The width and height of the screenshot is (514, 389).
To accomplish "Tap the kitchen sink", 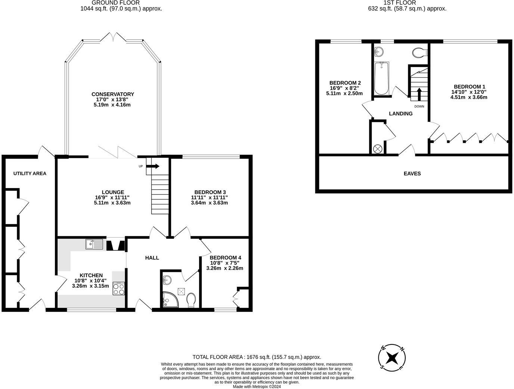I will [x=94, y=244].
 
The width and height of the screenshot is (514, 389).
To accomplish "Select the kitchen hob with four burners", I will [x=119, y=288].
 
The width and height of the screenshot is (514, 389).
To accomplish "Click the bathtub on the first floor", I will [x=381, y=79].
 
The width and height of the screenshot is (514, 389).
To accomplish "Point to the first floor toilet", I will [x=420, y=52].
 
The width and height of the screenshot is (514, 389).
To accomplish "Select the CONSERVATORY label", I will [x=112, y=94].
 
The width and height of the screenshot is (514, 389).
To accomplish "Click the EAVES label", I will [x=412, y=174].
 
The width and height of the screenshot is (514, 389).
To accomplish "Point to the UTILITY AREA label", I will [x=30, y=174].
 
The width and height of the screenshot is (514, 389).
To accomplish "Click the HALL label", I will [x=152, y=258].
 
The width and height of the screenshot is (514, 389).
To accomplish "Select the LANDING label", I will [x=400, y=114].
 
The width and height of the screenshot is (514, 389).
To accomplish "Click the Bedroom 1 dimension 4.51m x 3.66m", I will [x=468, y=97].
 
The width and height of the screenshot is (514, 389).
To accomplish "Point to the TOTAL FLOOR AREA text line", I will [x=257, y=357].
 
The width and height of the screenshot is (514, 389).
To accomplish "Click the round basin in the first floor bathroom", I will [x=379, y=51].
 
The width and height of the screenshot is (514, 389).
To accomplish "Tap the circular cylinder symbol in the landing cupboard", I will [x=378, y=148].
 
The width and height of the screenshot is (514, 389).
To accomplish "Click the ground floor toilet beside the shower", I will [x=191, y=300].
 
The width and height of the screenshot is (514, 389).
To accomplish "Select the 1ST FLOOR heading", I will [x=407, y=3].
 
